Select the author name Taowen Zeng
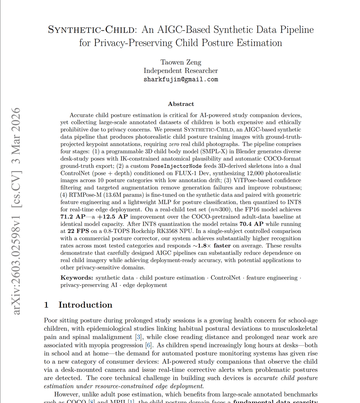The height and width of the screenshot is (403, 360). point(181,62)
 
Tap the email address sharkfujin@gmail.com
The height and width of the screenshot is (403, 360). point(181,79)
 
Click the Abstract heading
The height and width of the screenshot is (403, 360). point(181,104)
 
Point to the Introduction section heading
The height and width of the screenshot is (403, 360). point(85,305)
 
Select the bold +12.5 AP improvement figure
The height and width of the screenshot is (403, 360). point(113,216)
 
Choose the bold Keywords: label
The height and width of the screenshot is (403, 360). point(77,278)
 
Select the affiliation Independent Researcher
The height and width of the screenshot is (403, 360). point(181,71)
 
